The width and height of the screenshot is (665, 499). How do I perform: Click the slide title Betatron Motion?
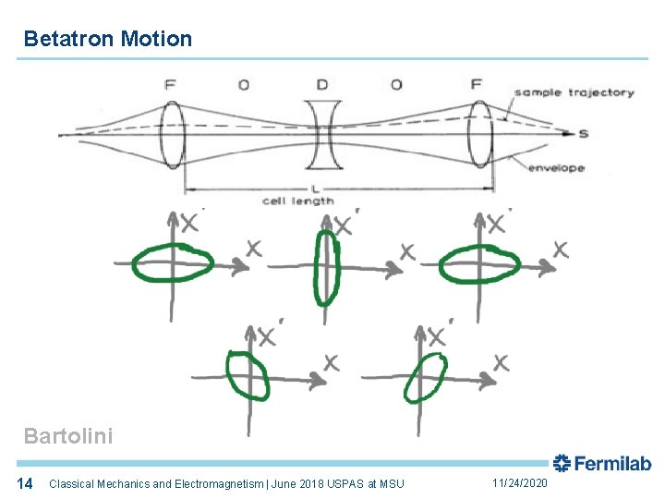[x=108, y=39]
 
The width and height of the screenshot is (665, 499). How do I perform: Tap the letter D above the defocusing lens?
[x=321, y=85]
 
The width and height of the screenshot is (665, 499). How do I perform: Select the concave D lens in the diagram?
[x=322, y=134]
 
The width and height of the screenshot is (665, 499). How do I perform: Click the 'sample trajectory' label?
[x=574, y=92]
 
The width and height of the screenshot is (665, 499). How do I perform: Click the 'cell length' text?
[x=297, y=201]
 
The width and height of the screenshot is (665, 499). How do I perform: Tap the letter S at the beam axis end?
[x=583, y=135]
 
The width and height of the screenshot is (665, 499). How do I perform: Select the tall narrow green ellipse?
[x=326, y=267]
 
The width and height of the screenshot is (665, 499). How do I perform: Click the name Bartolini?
[x=68, y=436]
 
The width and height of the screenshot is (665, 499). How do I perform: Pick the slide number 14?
[x=26, y=483]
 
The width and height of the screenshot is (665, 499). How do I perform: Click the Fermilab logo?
[x=601, y=464]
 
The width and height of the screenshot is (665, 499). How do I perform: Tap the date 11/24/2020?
[x=520, y=483]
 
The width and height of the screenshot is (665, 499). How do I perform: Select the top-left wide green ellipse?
[x=173, y=263]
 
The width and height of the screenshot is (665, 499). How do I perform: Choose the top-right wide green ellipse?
[x=479, y=265]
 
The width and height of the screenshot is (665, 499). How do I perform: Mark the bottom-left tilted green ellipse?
[x=248, y=375]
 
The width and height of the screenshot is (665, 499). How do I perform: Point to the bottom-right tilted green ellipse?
[x=426, y=377]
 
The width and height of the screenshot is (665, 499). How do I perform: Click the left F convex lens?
[x=173, y=135]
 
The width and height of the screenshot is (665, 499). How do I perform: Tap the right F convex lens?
[x=479, y=135]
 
